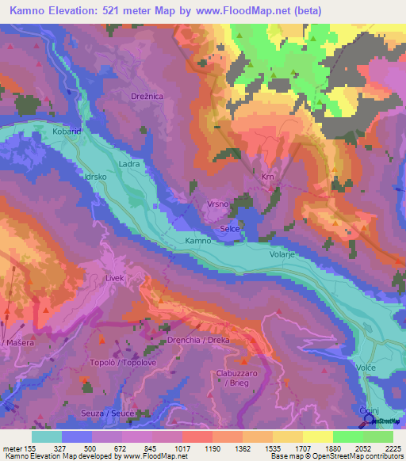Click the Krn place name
268,177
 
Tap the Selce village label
230,228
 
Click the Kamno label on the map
197,240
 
